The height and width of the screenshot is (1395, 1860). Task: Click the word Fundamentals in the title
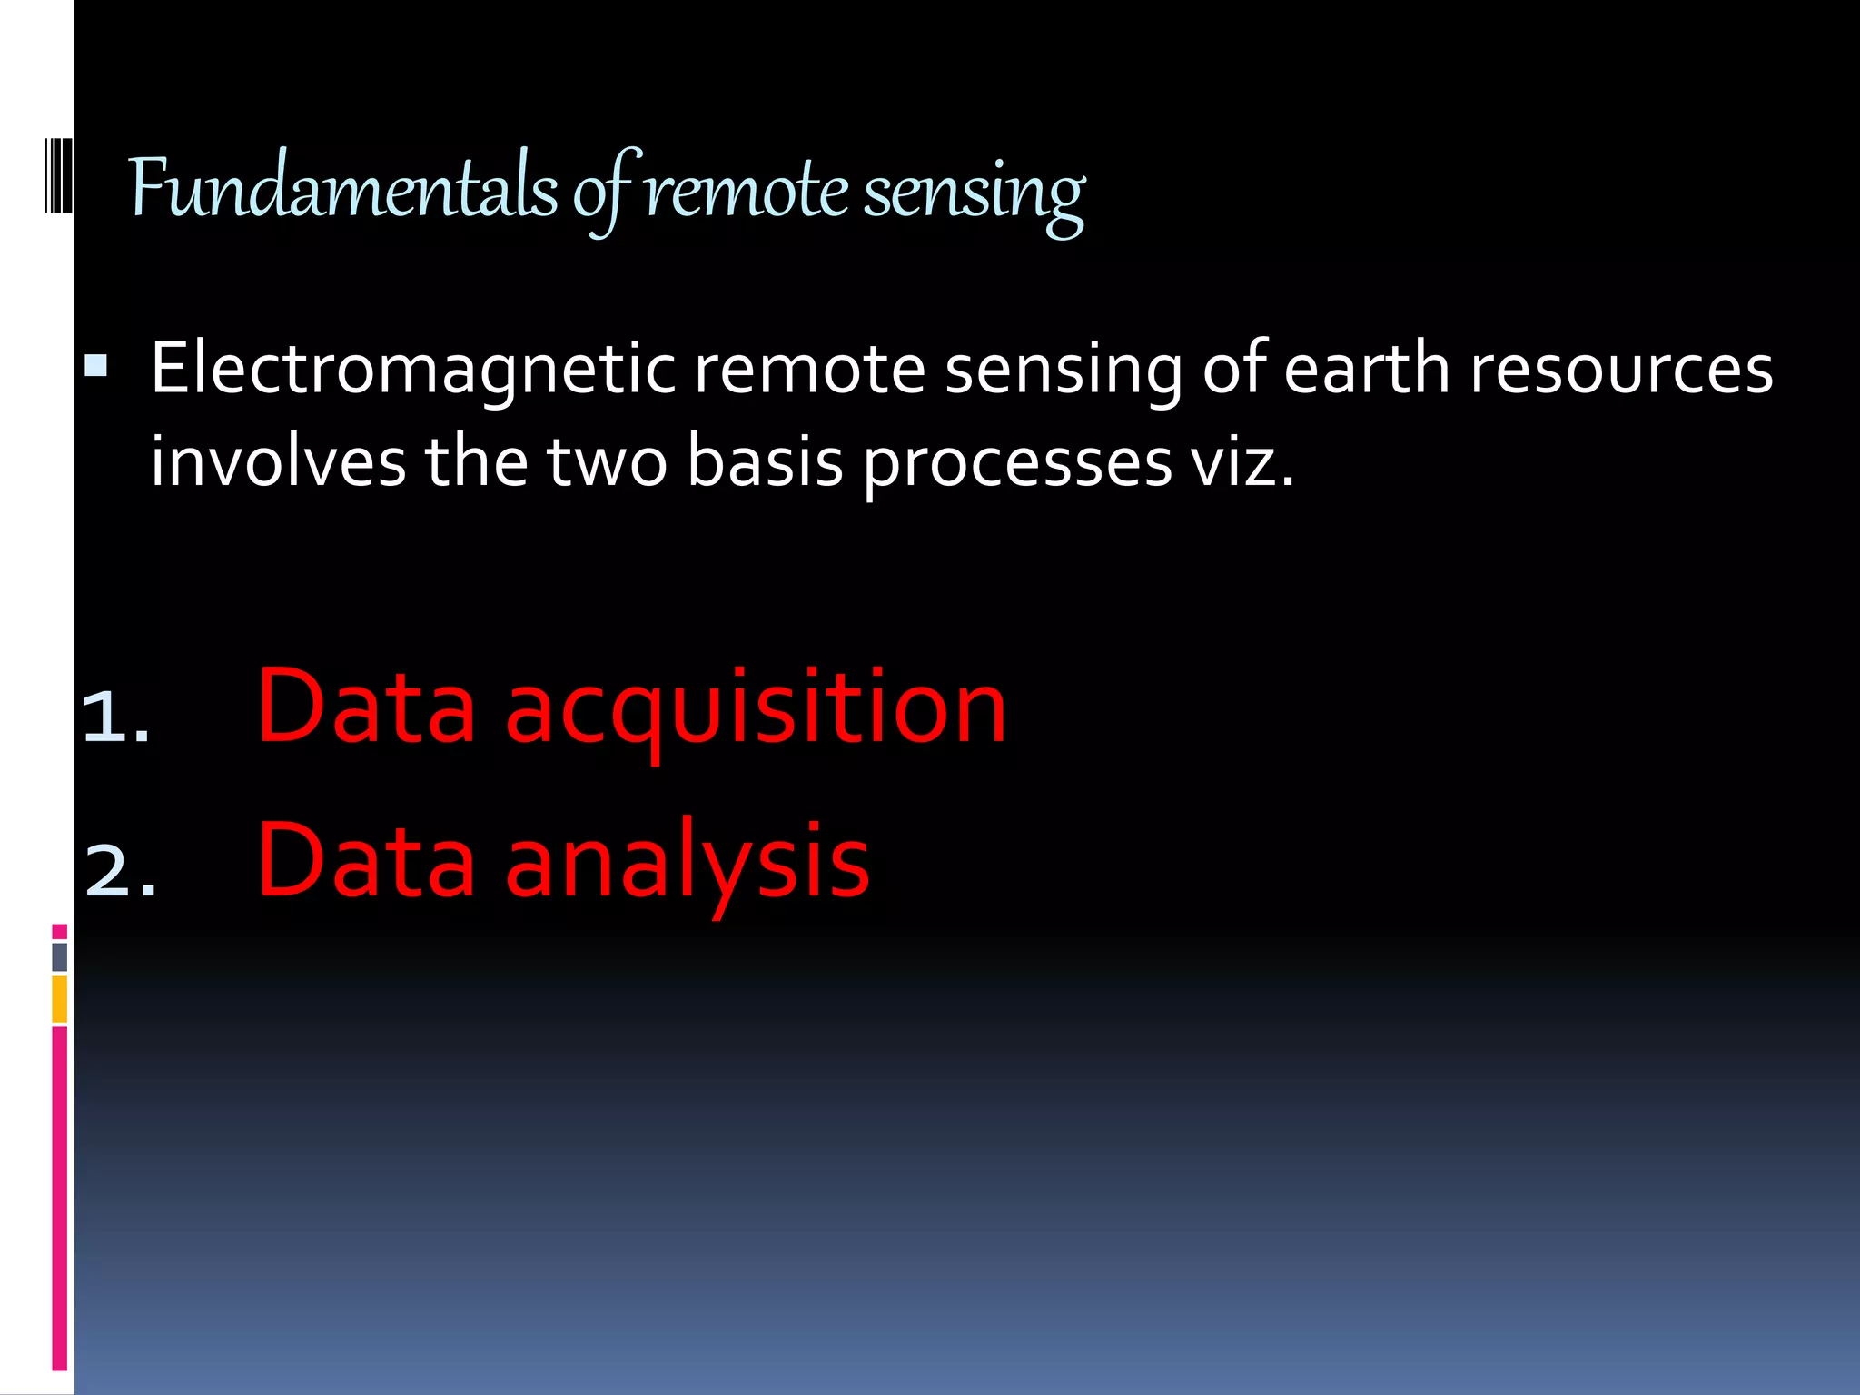[343, 189]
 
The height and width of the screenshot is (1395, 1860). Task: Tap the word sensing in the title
[974, 193]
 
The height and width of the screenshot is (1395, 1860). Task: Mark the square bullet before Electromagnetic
[95, 366]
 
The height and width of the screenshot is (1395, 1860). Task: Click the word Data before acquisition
[366, 707]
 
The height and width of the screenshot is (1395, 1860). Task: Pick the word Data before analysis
[366, 859]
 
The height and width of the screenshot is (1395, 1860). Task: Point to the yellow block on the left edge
[60, 999]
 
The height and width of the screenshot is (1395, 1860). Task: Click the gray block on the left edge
[60, 956]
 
